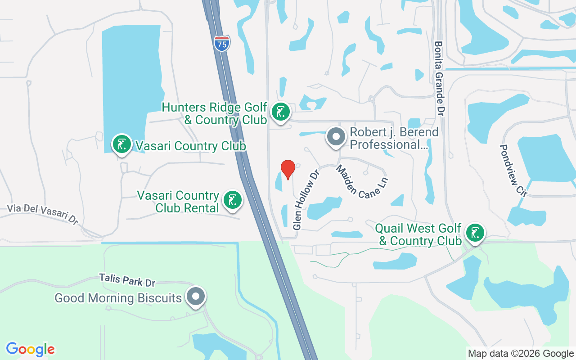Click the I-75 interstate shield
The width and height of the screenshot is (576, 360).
[222, 44]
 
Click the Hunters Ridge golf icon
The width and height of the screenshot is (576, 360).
[281, 112]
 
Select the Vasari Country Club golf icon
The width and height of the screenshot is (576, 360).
[121, 144]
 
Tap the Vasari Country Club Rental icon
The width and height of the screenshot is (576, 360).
[232, 201]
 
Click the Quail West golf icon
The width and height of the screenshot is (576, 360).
[475, 233]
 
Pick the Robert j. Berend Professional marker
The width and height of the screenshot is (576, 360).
[335, 137]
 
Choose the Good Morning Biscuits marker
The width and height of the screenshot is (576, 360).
[196, 297]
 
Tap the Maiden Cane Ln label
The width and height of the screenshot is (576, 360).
[361, 182]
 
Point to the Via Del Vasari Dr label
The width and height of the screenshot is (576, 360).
[43, 214]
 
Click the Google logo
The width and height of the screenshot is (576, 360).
[31, 349]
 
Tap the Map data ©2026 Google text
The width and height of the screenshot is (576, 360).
[521, 354]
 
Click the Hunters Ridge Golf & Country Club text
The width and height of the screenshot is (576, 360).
[214, 113]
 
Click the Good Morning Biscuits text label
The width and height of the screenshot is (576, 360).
[118, 298]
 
